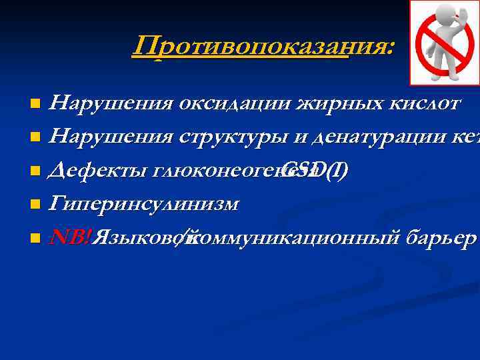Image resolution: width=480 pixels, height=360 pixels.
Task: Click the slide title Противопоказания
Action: tap(263, 46)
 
